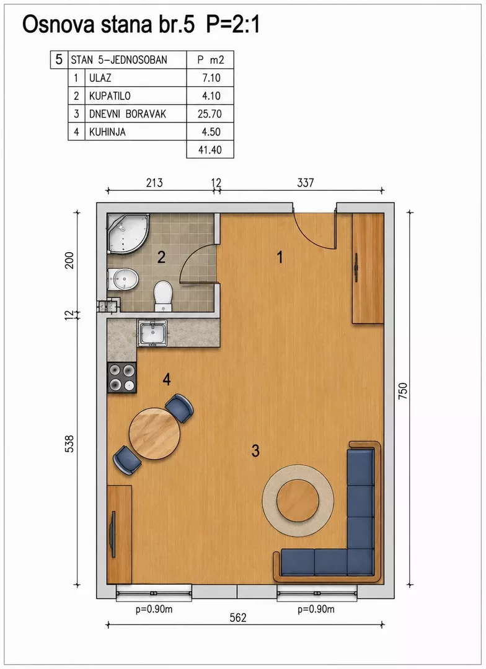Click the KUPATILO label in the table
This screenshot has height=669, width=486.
click(110, 96)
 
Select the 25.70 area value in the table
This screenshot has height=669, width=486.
click(210, 114)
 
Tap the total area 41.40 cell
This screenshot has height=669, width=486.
click(210, 150)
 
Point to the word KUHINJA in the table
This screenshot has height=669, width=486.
click(107, 132)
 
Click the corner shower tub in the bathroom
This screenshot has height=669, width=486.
click(126, 232)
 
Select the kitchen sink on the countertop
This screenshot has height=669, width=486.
click(152, 333)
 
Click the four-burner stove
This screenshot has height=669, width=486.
click(122, 378)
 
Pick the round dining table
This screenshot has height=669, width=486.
click(154, 434)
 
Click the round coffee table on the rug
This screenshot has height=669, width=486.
click(298, 501)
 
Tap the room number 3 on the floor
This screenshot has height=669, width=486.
click(255, 450)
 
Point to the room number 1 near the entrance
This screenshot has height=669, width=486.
click(280, 257)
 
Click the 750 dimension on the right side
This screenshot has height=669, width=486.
click(403, 391)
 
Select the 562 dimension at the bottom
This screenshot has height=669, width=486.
click(238, 618)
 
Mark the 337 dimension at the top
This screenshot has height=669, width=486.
click(306, 183)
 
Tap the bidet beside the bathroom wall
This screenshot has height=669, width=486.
click(123, 279)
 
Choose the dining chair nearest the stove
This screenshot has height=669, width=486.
click(179, 408)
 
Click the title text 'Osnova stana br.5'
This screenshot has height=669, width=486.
click(108, 25)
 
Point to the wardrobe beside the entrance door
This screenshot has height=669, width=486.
click(368, 268)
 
